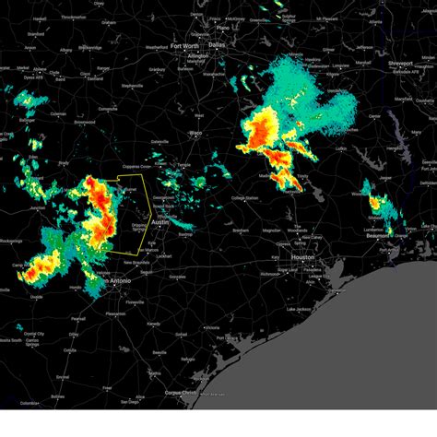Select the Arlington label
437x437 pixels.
click(197, 55)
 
